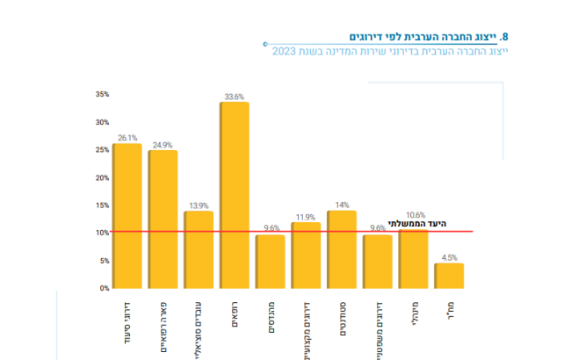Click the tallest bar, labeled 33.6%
[234, 195]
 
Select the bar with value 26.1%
[127, 215]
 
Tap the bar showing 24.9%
[163, 219]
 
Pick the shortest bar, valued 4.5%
[449, 276]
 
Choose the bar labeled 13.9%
[199, 249]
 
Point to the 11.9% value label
[306, 216]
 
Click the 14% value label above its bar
[342, 205]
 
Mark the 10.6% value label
[414, 215]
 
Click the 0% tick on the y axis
[104, 288]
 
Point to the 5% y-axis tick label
[104, 261]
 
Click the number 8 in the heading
[504, 37]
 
